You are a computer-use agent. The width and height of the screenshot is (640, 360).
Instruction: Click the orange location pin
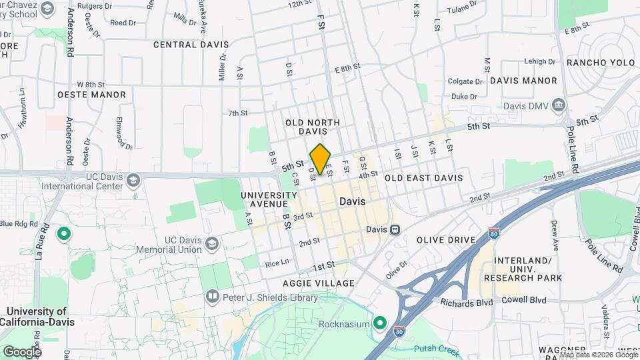point(320,159)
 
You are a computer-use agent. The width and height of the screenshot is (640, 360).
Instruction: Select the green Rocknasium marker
point(380,324)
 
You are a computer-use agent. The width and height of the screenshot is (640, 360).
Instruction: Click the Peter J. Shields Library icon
point(212,295)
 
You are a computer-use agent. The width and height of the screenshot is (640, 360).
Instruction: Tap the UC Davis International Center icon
point(133,181)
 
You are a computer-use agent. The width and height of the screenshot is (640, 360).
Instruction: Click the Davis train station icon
point(395,230)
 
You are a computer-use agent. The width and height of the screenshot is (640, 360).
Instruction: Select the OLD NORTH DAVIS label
point(313,127)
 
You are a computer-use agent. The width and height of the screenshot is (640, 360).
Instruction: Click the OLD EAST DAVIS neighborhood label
point(423,178)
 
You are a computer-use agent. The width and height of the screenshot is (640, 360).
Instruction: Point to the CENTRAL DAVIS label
point(191,45)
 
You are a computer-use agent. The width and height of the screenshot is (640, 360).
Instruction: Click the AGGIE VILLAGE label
point(319,283)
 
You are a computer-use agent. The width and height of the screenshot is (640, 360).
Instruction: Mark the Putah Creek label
point(433,348)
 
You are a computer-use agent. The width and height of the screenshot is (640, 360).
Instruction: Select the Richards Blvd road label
point(466,302)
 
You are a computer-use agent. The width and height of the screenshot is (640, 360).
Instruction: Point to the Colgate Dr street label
point(465,81)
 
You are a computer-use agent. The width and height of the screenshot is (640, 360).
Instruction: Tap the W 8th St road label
point(91,85)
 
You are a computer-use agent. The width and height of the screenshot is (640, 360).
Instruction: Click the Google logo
point(22,351)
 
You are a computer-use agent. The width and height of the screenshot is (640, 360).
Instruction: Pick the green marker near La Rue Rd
point(64,234)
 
